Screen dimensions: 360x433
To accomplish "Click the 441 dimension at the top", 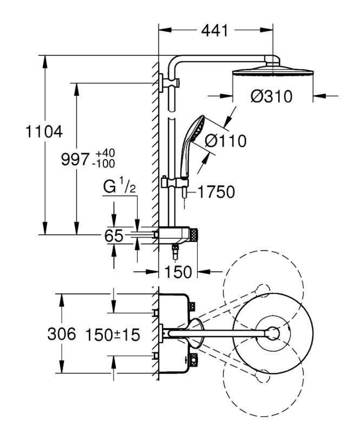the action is (x=215, y=30).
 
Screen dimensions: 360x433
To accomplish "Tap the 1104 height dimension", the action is (x=44, y=132).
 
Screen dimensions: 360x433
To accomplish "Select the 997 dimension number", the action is (x=75, y=159).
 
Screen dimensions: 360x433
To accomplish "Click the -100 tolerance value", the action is (x=103, y=164).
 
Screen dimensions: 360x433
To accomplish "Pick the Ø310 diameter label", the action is (x=271, y=97).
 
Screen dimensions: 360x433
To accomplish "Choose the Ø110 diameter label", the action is (x=225, y=141).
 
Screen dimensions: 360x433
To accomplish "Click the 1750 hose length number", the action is (x=217, y=192).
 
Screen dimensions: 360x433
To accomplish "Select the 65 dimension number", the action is (x=114, y=236).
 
